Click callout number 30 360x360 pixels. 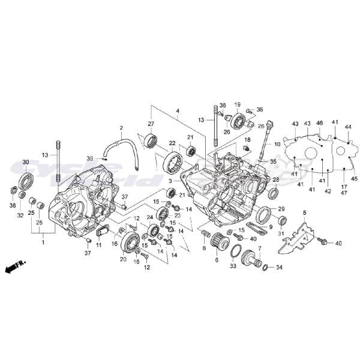[x=25, y=162]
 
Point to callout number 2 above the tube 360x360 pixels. [x=121, y=128]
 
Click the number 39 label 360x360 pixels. [x=90, y=158]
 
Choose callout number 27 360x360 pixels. [x=151, y=124]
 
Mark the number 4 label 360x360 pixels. [x=161, y=111]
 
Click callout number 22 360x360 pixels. [x=172, y=143]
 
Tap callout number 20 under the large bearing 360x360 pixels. [x=124, y=259]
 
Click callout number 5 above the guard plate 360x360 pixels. [x=304, y=213]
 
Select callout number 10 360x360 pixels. [x=277, y=145]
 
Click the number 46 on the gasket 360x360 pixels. [x=320, y=123]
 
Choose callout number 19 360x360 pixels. [x=237, y=104]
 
